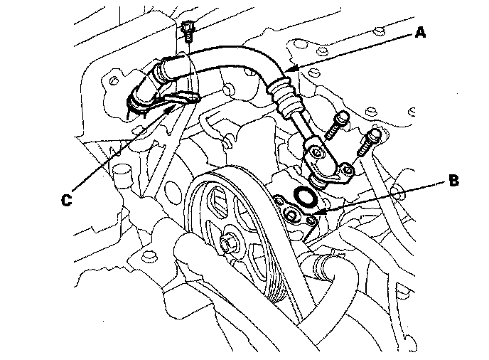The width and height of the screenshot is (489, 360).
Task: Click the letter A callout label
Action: (420, 32)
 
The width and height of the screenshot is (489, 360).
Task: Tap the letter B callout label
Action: (453, 181)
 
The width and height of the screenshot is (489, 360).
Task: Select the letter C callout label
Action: (66, 200)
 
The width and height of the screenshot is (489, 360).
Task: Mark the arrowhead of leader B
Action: (318, 212)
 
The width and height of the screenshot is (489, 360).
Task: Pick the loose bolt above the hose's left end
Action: (188, 32)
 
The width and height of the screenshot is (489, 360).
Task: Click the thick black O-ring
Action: (305, 196)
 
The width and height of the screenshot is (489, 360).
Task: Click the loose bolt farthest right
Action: (370, 142)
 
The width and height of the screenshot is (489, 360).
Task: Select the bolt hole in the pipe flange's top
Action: (316, 152)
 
